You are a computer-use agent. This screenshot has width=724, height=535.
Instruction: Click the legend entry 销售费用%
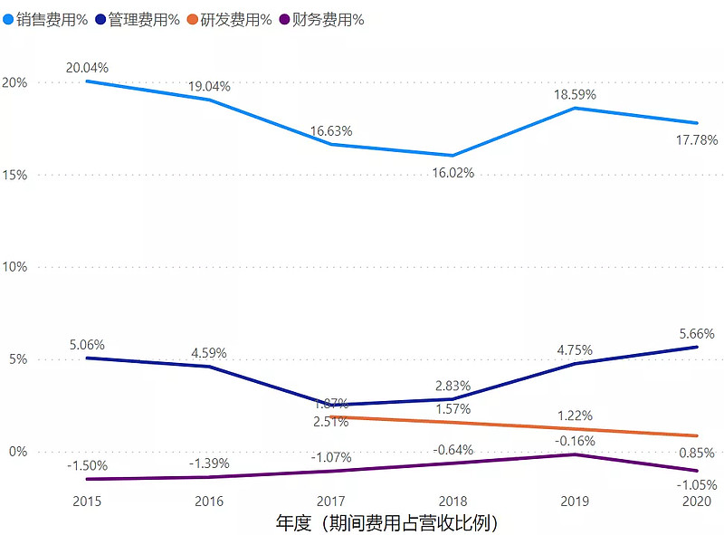(x=45, y=19)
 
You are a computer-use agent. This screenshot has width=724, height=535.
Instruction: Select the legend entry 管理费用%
(x=137, y=19)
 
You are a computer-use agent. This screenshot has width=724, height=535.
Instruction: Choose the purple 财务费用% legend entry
(x=321, y=19)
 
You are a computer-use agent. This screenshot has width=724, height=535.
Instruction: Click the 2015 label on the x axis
(x=87, y=501)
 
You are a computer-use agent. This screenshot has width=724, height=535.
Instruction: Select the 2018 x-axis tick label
(x=452, y=501)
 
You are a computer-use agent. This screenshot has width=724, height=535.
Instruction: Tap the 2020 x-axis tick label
(x=696, y=501)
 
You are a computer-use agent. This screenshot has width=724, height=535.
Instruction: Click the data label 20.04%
(x=87, y=67)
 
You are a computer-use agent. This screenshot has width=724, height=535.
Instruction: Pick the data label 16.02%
(x=452, y=172)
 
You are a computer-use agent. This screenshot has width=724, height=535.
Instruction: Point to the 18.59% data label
(x=575, y=93)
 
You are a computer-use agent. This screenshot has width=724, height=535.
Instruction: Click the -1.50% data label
(x=87, y=465)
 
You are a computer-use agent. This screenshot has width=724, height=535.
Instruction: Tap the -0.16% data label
(x=575, y=441)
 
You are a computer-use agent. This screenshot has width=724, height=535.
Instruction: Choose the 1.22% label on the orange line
(x=575, y=416)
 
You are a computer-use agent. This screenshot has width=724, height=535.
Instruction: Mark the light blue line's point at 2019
(x=575, y=108)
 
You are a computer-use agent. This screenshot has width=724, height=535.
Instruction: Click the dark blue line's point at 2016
(x=209, y=367)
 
